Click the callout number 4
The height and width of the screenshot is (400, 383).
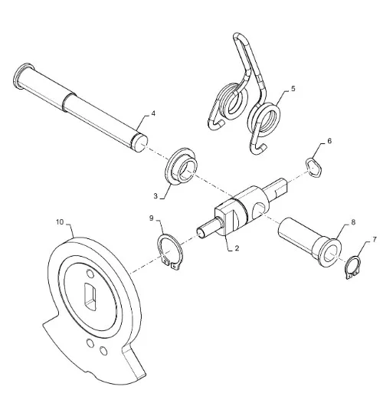pyautogui.click(x=153, y=113)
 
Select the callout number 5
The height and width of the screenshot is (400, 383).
pyautogui.click(x=293, y=89)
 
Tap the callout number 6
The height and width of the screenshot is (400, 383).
pyautogui.click(x=329, y=141)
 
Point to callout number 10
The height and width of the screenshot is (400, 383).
pyautogui.click(x=60, y=222)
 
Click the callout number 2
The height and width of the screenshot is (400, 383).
pyautogui.click(x=237, y=248)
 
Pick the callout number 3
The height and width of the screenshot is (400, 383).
pyautogui.click(x=155, y=196)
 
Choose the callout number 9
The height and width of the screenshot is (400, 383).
pyautogui.click(x=152, y=218)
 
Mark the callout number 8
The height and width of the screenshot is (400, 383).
pyautogui.click(x=353, y=222)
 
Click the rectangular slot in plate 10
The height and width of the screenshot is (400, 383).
pyautogui.click(x=90, y=297)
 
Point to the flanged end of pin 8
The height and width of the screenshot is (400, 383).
pyautogui.click(x=330, y=252)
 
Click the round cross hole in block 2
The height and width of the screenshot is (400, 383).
pyautogui.click(x=259, y=211)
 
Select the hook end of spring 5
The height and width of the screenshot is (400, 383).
pyautogui.click(x=260, y=149)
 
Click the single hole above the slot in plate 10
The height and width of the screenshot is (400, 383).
pyautogui.click(x=90, y=274)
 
